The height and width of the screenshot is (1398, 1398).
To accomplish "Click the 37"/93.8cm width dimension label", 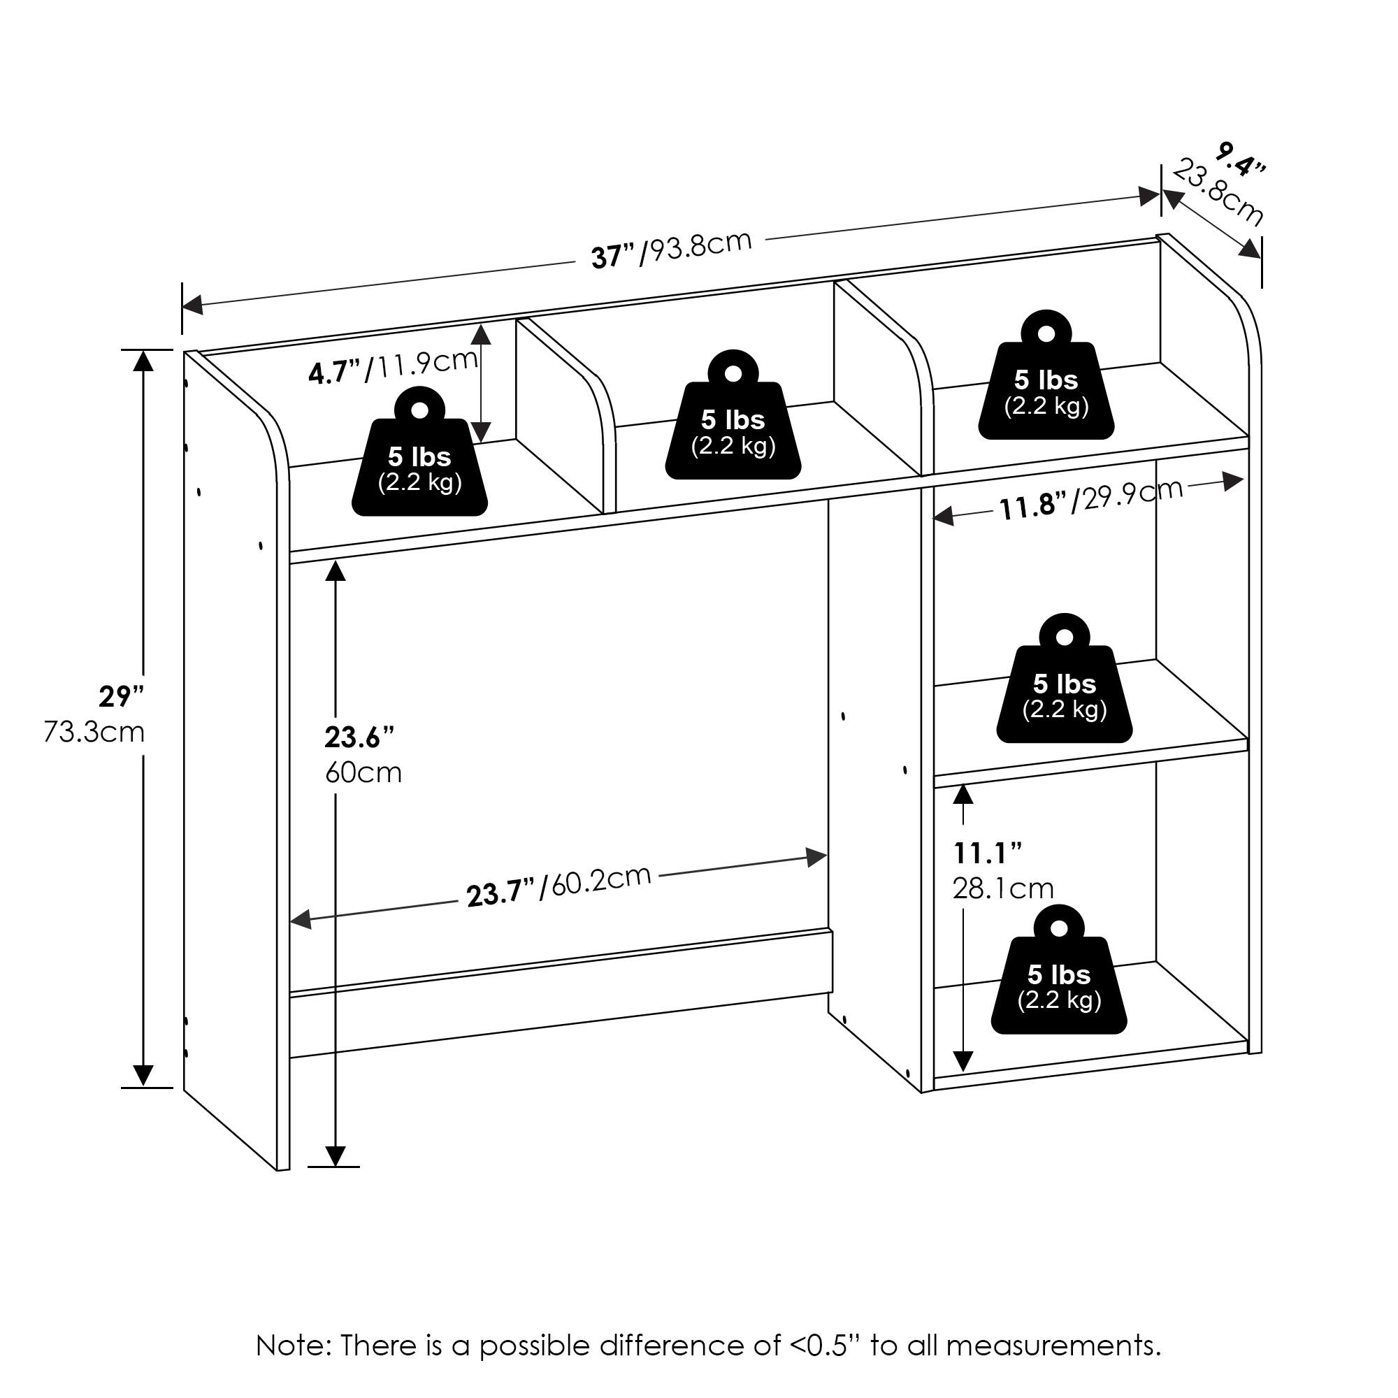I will point(671,248).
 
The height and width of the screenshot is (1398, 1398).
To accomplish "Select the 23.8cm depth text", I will point(1218,193).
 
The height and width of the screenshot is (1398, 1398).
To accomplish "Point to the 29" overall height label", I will point(121,696).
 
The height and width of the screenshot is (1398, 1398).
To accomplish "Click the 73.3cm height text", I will point(95,733).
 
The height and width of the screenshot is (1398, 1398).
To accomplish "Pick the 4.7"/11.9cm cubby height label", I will point(393,366).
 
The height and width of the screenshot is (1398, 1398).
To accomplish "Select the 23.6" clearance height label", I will point(359,737).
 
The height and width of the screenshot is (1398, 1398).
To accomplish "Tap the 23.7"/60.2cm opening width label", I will point(559,886).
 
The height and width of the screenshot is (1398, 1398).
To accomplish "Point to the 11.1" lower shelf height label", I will point(987,853).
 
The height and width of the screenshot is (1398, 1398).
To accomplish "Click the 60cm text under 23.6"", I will point(363,773).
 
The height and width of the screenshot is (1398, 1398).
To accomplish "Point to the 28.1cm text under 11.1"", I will point(1003,888).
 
